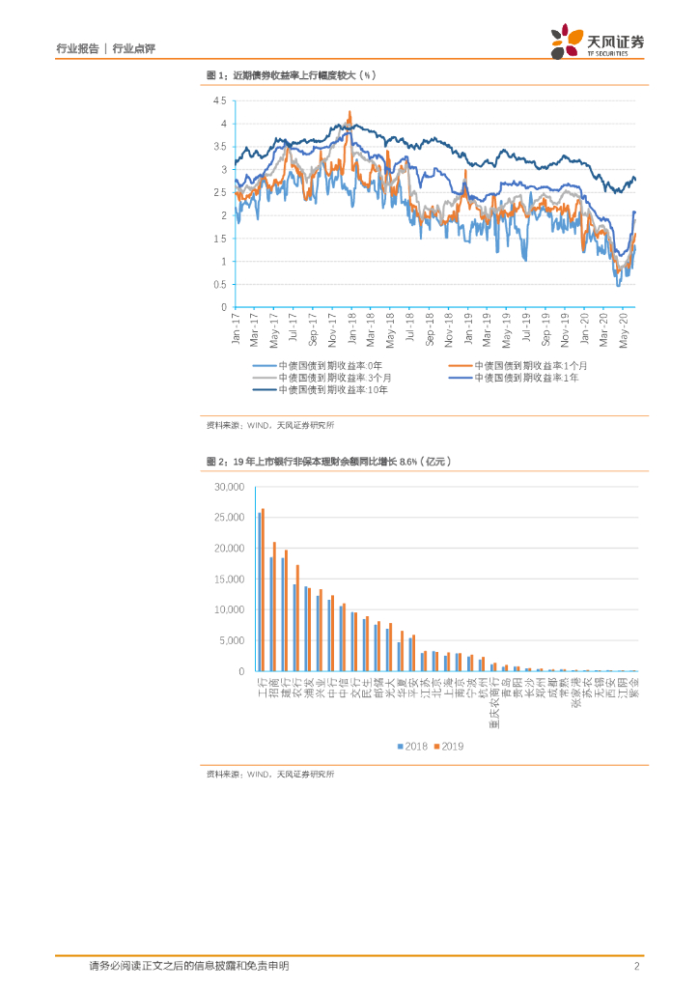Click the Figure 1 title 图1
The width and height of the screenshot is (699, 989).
click(216, 75)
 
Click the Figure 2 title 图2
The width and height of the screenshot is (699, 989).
click(216, 462)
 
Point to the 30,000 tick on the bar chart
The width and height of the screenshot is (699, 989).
click(229, 487)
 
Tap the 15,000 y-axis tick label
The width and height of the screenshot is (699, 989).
click(229, 579)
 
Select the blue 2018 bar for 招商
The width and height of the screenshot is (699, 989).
click(270, 614)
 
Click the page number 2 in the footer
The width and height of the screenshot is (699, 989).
click(637, 966)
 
